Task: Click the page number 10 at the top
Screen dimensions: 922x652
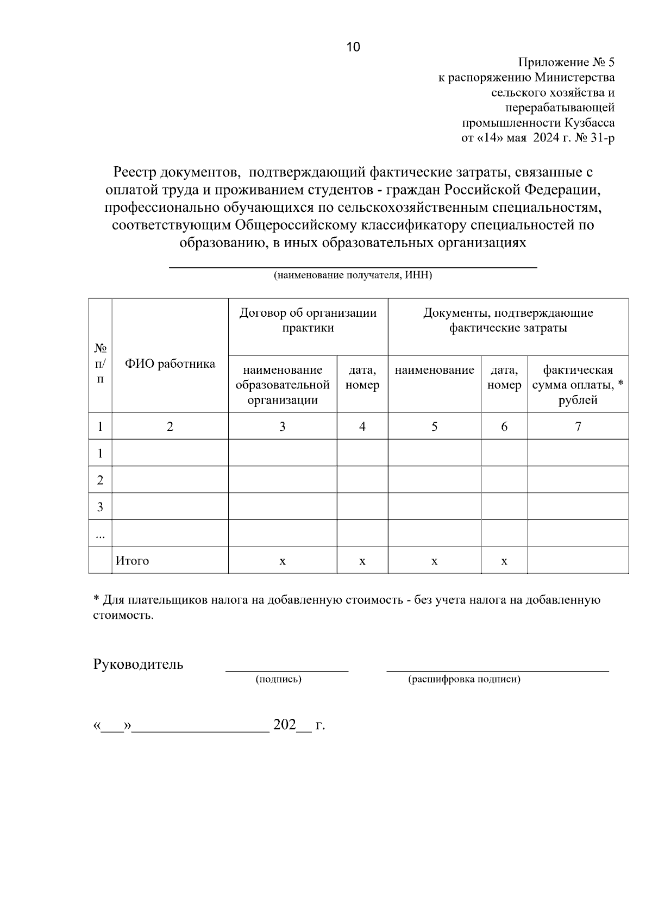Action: [353, 47]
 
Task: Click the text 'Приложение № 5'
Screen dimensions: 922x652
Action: [566, 62]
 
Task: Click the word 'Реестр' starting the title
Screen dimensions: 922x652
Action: [135, 172]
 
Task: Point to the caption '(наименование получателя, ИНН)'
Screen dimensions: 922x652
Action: [353, 275]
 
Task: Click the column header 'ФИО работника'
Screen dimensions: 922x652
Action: [170, 363]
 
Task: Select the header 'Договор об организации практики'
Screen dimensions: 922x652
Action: [308, 320]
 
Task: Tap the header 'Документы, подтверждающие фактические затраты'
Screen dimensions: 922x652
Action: [508, 320]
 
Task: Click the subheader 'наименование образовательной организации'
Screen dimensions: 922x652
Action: [283, 385]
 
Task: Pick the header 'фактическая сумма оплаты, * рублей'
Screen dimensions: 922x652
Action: [578, 385]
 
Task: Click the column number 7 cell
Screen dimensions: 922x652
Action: [578, 426]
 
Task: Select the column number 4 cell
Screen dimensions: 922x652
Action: [362, 426]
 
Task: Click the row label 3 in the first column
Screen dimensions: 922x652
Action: [100, 507]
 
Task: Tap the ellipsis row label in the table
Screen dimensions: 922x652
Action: [100, 535]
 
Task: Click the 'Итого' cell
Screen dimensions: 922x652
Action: [132, 561]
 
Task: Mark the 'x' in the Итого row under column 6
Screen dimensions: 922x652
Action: [504, 561]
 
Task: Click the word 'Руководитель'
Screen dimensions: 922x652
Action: [139, 664]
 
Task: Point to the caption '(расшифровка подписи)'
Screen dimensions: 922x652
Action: [464, 679]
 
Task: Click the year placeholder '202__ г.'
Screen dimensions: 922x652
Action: [299, 725]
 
